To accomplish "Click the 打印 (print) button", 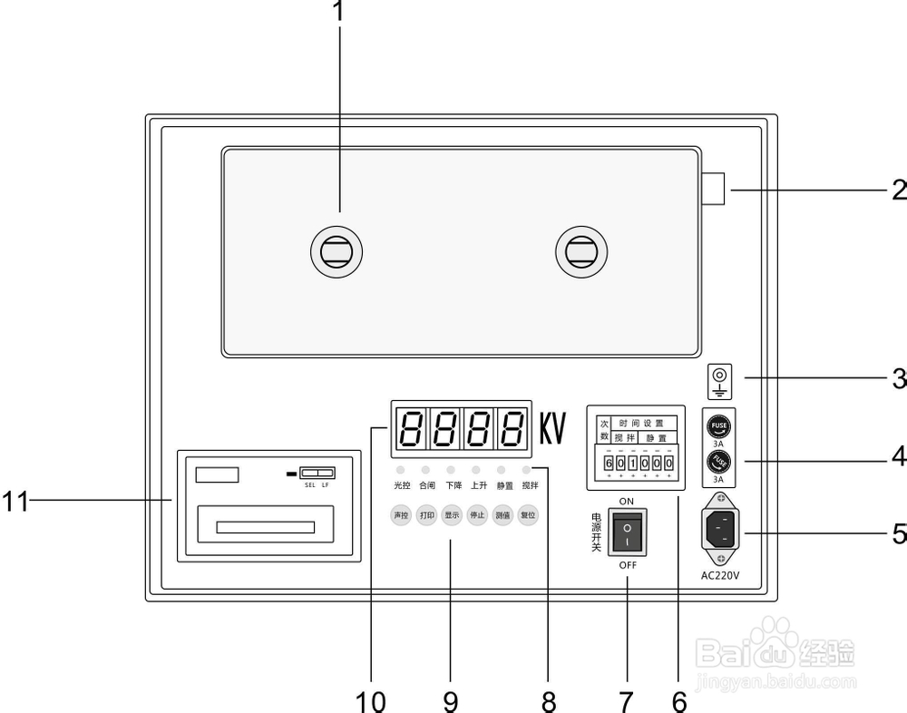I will tap(426, 515).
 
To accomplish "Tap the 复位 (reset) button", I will tap(527, 515).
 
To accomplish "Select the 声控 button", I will tap(400, 515).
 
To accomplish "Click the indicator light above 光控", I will tap(400, 471).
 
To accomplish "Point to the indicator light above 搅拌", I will tap(527, 471).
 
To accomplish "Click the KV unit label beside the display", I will tap(552, 429).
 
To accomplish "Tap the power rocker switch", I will tap(627, 532).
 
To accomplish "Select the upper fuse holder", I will tap(718, 425).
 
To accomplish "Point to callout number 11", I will tap(15, 501).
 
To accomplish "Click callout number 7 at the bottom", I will tap(625, 700).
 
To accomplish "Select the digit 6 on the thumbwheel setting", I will tap(609, 464).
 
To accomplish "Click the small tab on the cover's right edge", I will tap(713, 190).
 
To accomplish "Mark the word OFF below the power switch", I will tap(628, 565).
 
